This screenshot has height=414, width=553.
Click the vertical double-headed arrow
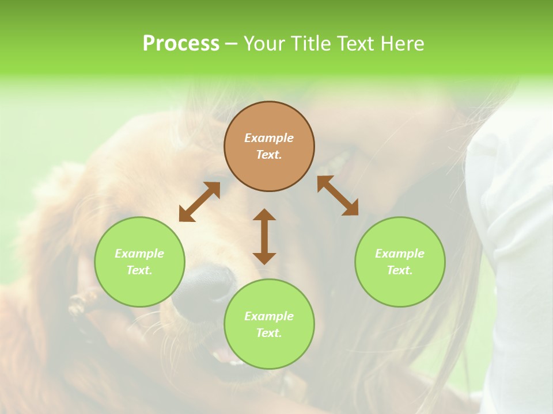tap(264, 237)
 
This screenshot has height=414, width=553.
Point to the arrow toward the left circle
tap(199, 202)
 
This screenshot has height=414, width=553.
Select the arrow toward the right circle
tap(338, 195)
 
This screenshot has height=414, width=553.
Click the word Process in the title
tap(181, 43)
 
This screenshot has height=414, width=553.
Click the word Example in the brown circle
tap(269, 138)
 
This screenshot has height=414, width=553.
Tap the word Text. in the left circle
tap(139, 270)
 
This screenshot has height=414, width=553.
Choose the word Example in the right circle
tap(400, 254)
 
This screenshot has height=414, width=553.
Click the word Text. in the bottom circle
tap(269, 333)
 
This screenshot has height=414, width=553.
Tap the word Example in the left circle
tap(139, 254)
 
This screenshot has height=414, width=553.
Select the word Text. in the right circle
tap(400, 270)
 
